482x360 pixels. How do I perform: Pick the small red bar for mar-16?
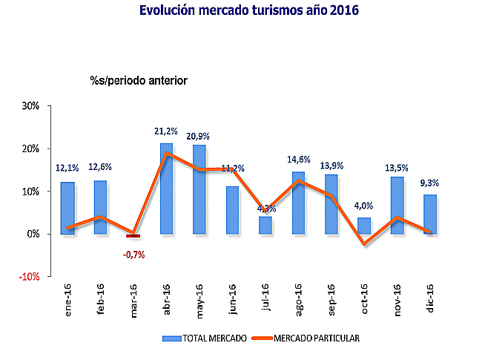[133, 236]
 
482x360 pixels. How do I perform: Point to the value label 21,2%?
[167, 131]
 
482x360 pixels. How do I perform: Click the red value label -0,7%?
[133, 255]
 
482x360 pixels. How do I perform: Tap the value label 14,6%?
[299, 159]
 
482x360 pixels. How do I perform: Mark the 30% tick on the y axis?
[30, 106]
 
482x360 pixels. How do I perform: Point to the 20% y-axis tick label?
[30, 148]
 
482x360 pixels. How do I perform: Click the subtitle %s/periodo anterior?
[138, 79]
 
